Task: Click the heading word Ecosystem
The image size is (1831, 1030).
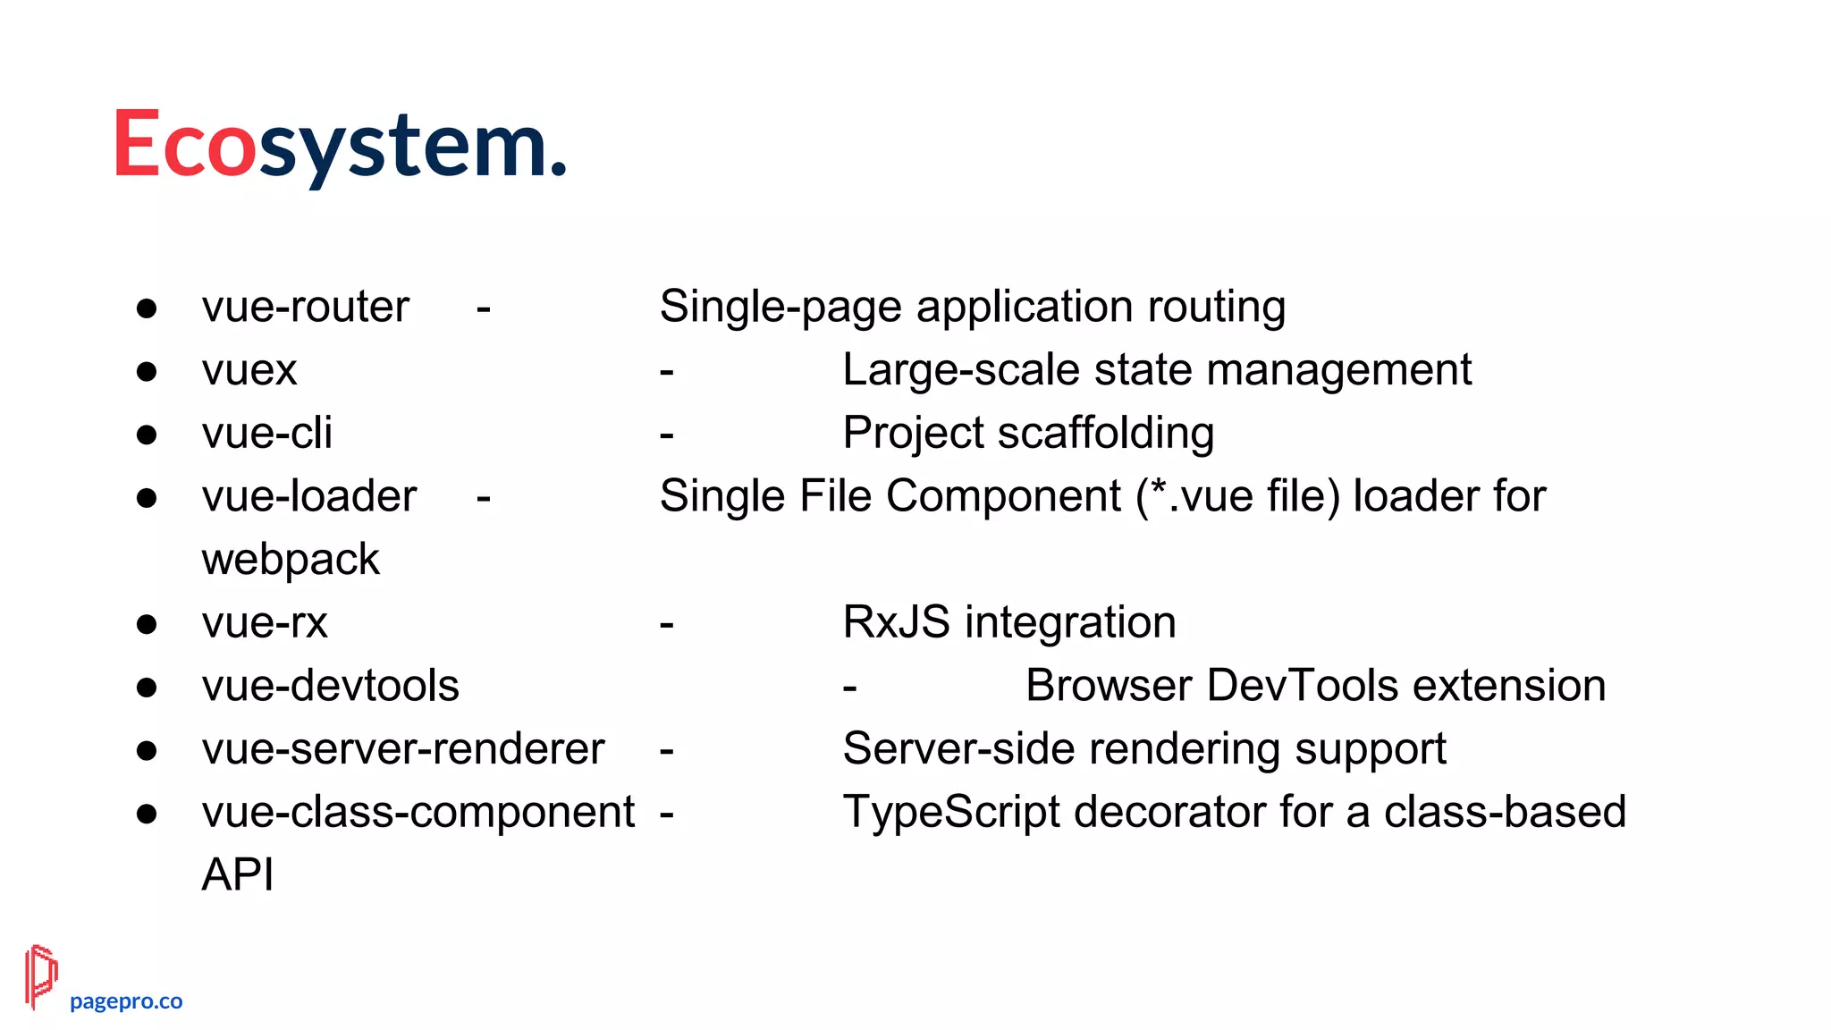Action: click(x=340, y=145)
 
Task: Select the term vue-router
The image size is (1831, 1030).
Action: click(x=306, y=307)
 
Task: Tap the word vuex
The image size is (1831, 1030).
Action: click(x=249, y=370)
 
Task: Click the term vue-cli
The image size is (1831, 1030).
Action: click(x=267, y=434)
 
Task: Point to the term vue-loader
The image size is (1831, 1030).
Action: click(x=309, y=496)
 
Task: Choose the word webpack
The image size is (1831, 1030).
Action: click(x=291, y=560)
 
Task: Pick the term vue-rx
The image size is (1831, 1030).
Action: click(x=265, y=622)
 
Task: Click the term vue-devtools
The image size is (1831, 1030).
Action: click(x=331, y=686)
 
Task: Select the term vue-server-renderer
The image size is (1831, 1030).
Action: click(x=403, y=749)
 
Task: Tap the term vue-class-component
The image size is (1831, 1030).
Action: click(x=418, y=812)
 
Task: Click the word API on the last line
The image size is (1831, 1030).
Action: click(x=238, y=874)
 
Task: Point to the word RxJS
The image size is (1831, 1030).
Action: click(x=897, y=622)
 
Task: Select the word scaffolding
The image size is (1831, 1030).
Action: click(x=1106, y=434)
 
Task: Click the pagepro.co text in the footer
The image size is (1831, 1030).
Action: click(x=126, y=1001)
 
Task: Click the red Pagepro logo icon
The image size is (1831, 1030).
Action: click(x=41, y=976)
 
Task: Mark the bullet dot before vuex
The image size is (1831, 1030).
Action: click(x=147, y=371)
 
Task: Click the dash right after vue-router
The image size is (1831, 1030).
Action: click(x=484, y=309)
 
